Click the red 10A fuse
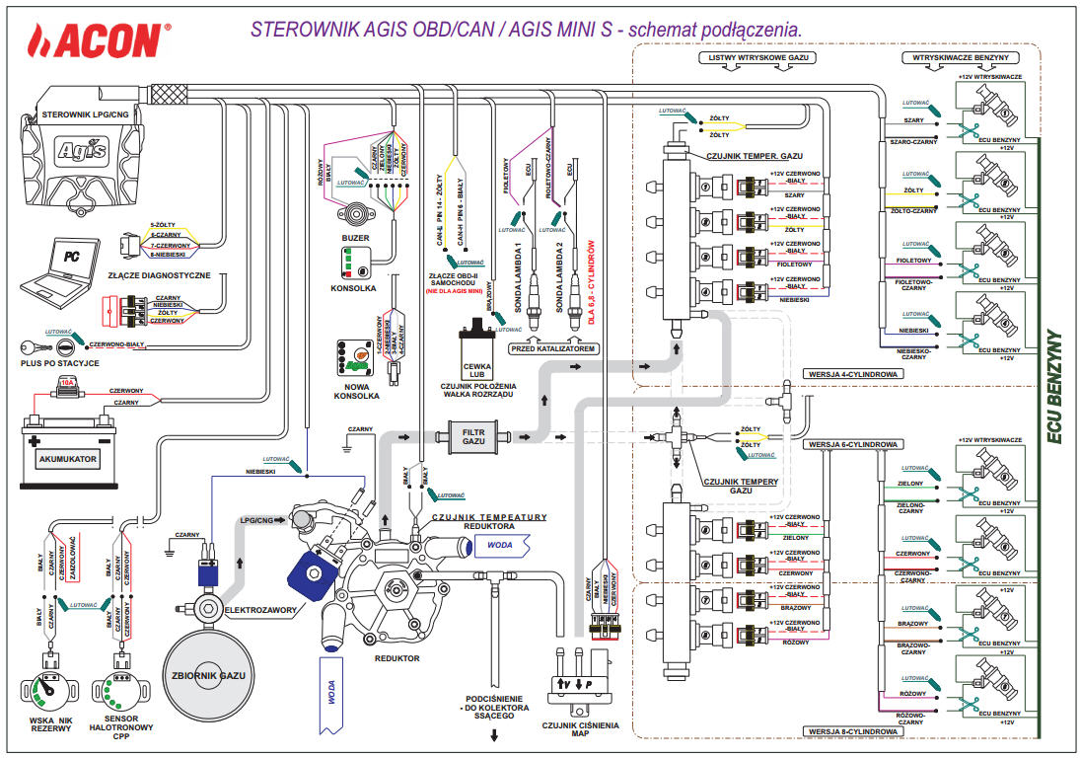pyautogui.click(x=67, y=383)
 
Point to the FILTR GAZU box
pyautogui.click(x=472, y=435)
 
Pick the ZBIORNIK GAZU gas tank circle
pyautogui.click(x=208, y=676)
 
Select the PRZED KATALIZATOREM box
pyautogui.click(x=553, y=349)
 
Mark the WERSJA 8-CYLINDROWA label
pyautogui.click(x=852, y=731)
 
